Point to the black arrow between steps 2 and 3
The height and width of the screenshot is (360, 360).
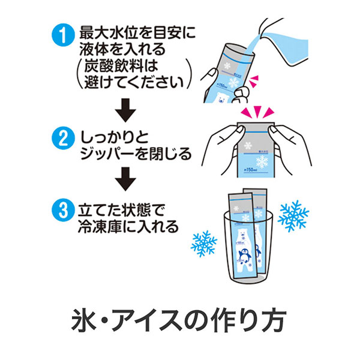125,177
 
